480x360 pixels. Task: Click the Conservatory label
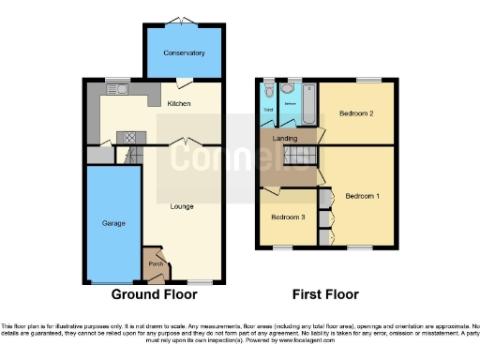(184, 52)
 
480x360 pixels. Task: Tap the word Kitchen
(179, 103)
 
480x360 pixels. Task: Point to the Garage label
(114, 224)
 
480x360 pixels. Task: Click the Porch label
(156, 264)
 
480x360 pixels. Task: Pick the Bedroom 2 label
(357, 113)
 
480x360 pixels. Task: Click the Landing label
(285, 139)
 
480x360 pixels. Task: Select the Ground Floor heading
(155, 294)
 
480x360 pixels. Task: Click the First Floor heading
(325, 294)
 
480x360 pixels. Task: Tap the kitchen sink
(119, 90)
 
